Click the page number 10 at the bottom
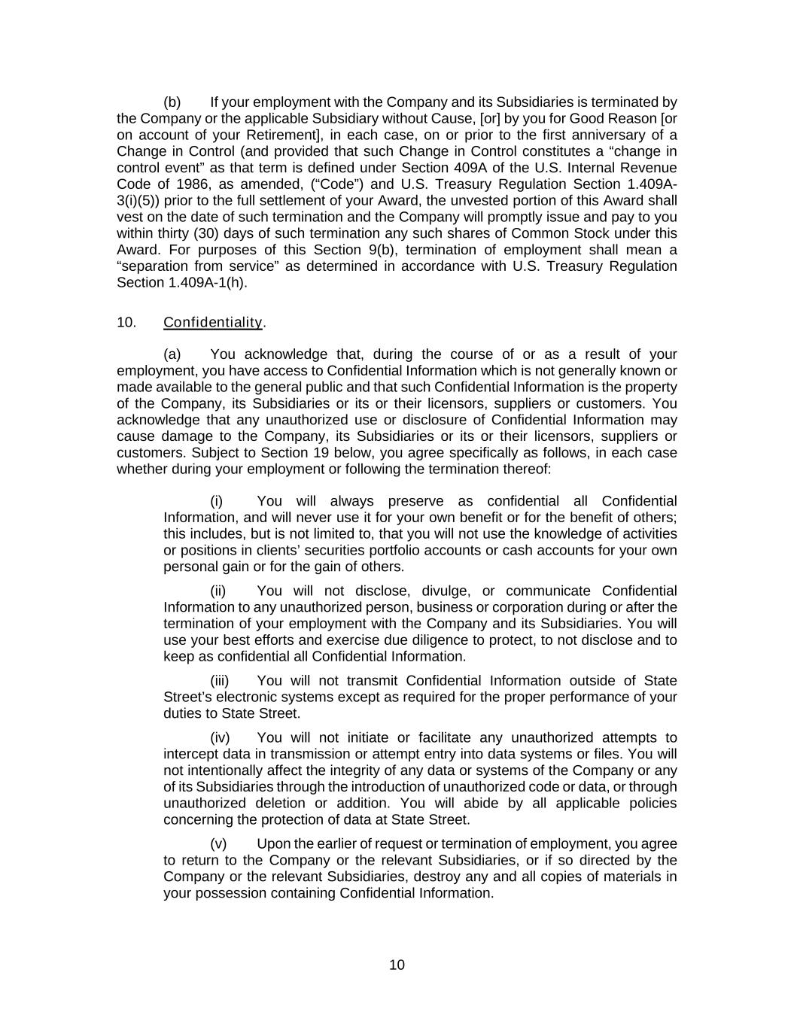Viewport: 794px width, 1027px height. pyautogui.click(x=397, y=965)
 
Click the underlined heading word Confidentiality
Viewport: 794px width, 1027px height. pyautogui.click(x=213, y=323)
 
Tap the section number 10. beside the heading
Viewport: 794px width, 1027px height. pyautogui.click(x=126, y=323)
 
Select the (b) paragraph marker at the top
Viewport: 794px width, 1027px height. pyautogui.click(x=172, y=102)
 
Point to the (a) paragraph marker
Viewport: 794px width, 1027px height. pyautogui.click(x=172, y=354)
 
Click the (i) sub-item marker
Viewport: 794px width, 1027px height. pyautogui.click(x=217, y=502)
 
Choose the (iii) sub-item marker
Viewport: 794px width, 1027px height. pyautogui.click(x=219, y=681)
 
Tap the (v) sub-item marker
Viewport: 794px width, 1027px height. pyautogui.click(x=218, y=844)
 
